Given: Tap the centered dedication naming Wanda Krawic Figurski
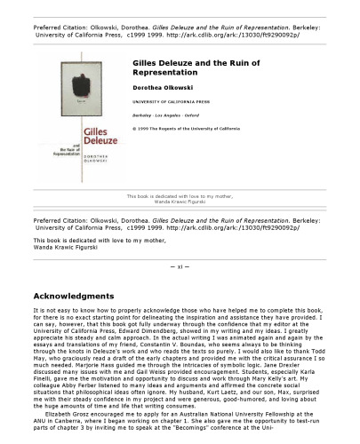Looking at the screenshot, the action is (180, 201).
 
